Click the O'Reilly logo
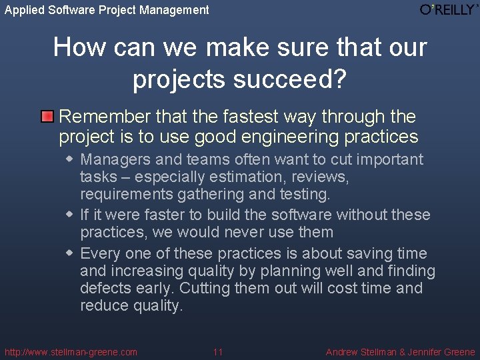click(448, 9)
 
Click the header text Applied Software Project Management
click(107, 10)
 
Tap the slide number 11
click(218, 352)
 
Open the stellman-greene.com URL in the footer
click(71, 352)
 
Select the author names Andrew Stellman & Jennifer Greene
click(400, 352)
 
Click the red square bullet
click(47, 117)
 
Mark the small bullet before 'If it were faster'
click(70, 215)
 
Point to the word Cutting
click(205, 288)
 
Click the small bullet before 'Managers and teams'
click(70, 159)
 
